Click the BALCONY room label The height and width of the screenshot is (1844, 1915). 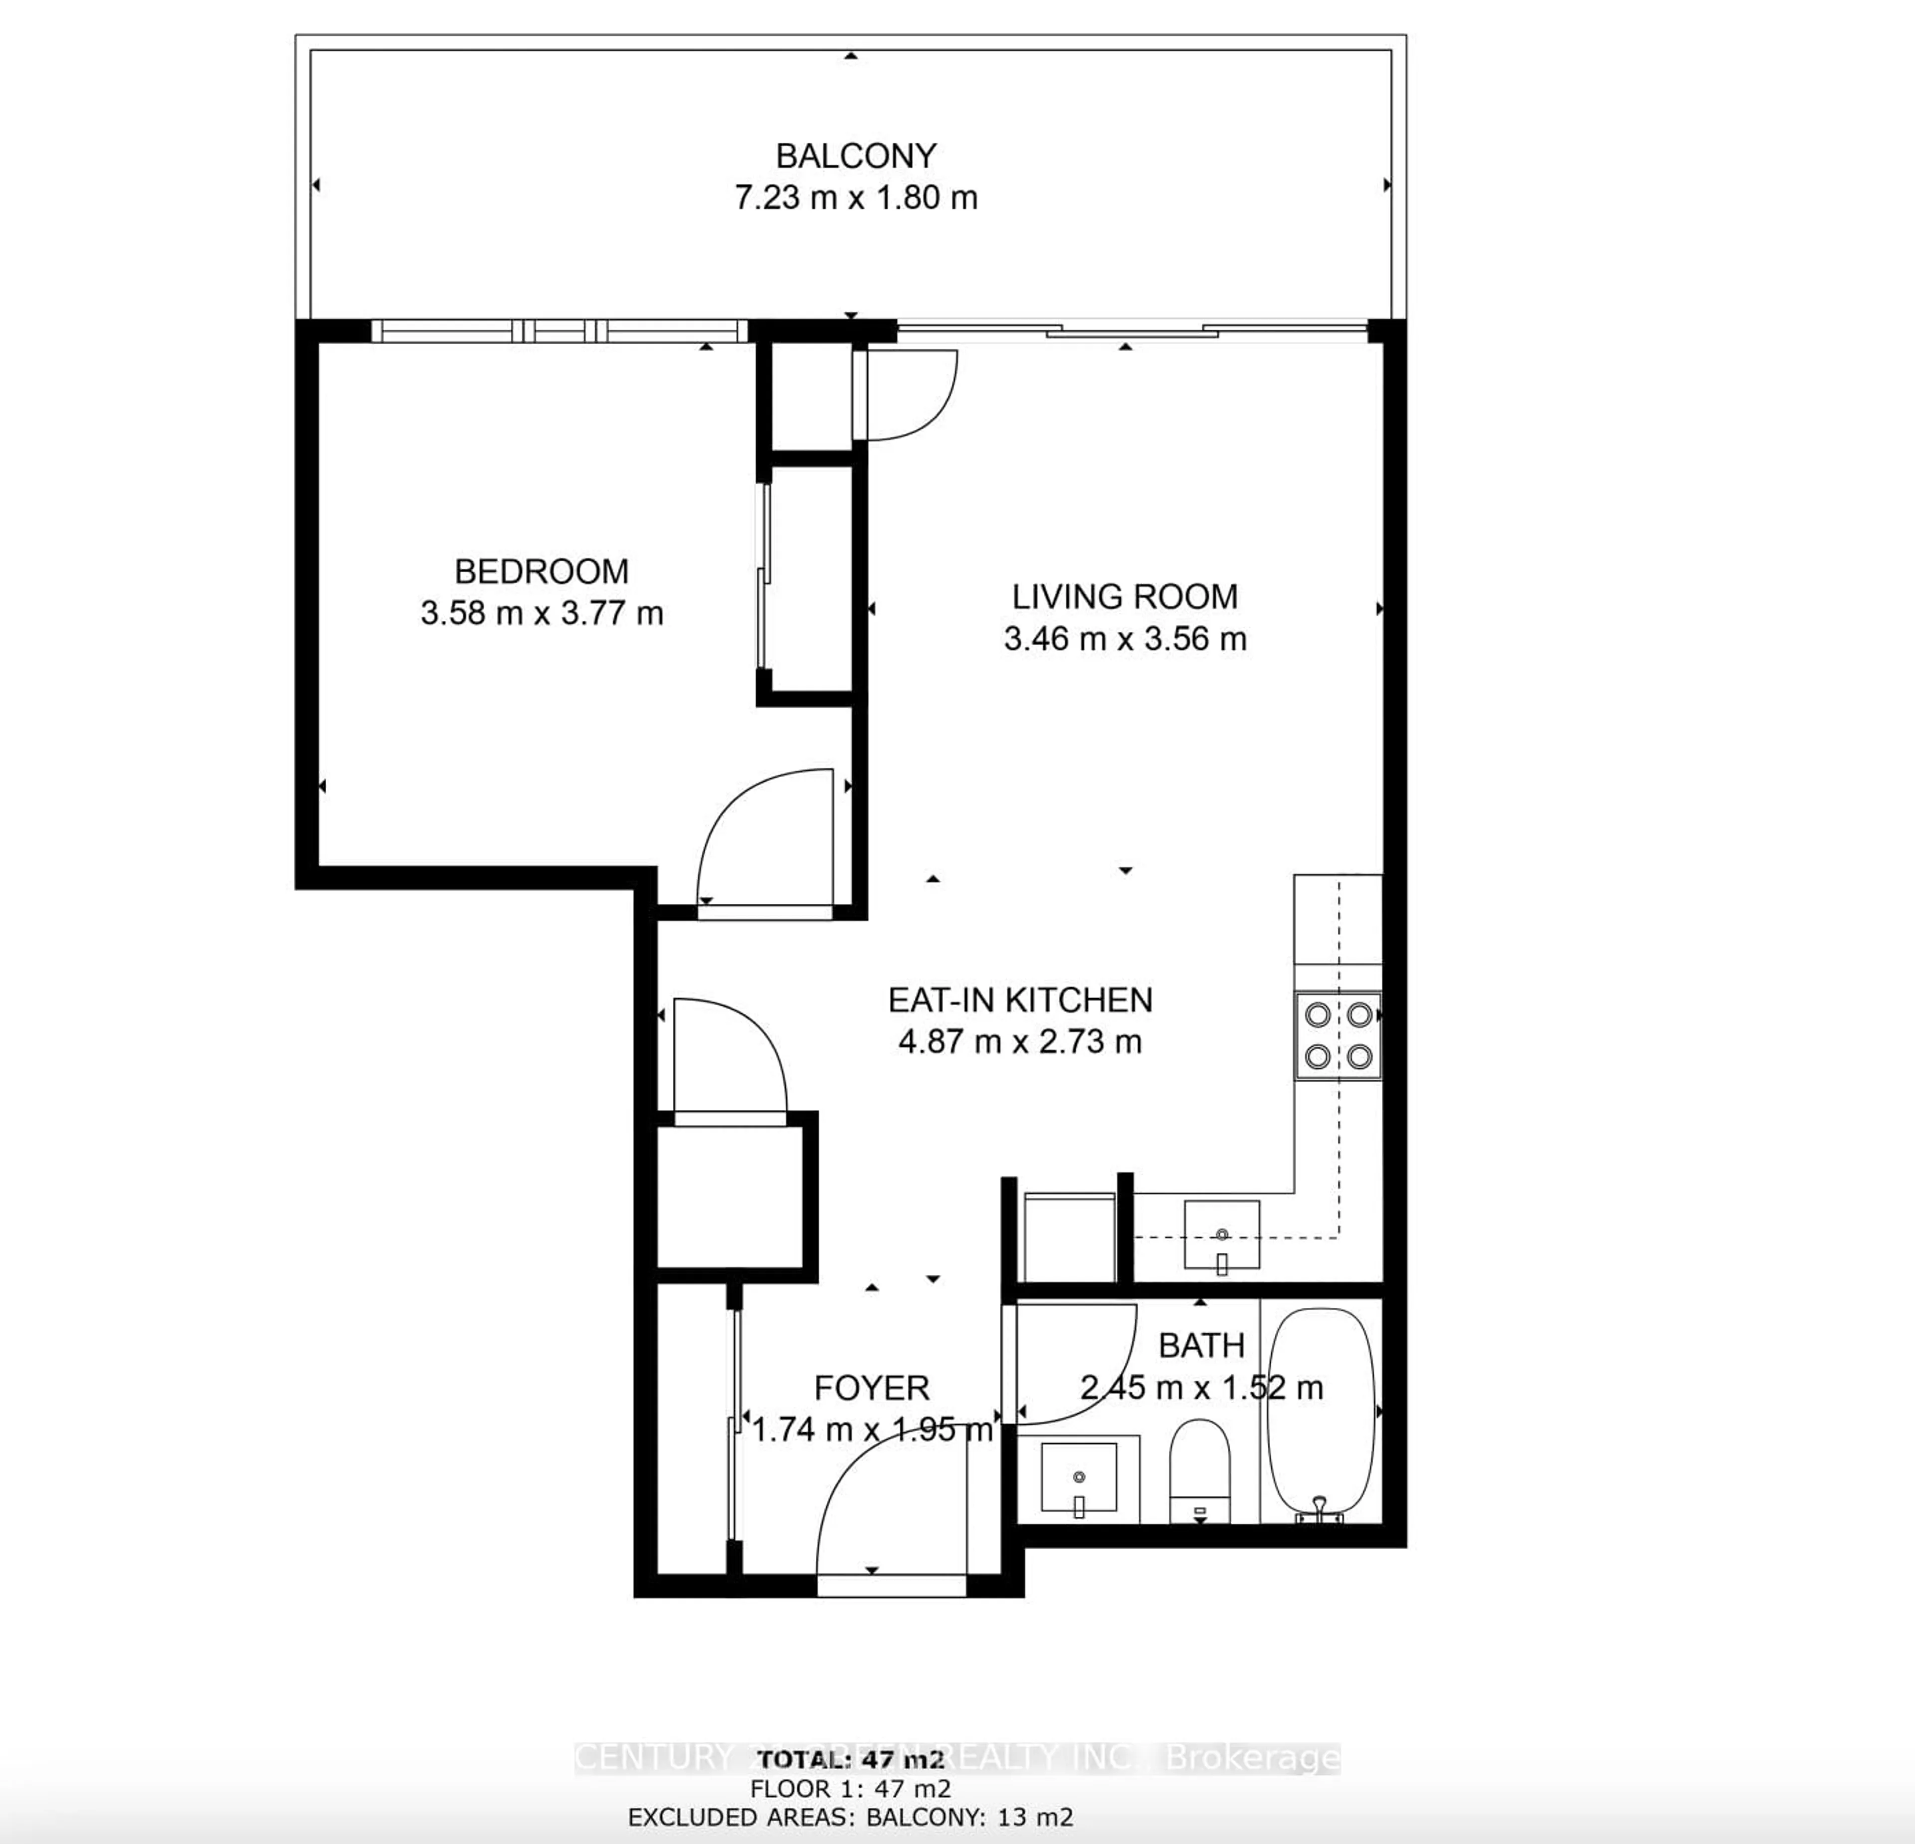tap(856, 156)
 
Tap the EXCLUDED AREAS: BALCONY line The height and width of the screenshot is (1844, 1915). tap(850, 1818)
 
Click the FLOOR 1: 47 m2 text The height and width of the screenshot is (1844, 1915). tap(850, 1789)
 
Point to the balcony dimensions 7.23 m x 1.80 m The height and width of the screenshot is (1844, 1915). tap(856, 198)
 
